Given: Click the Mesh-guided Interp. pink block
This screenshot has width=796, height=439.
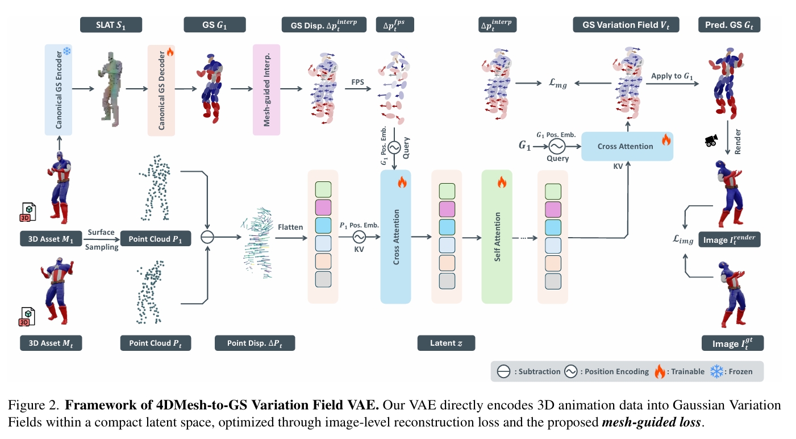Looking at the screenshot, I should tap(265, 90).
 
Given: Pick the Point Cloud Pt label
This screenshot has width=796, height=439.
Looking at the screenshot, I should tap(155, 343).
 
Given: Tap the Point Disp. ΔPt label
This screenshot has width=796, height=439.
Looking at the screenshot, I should tap(255, 343).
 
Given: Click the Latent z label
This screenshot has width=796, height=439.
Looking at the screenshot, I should tap(445, 343).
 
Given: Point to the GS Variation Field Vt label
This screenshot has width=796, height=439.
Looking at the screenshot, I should tap(625, 24).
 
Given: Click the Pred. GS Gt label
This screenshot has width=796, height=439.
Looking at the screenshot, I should tap(729, 24).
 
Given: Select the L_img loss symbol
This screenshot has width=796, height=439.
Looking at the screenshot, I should tap(683, 240).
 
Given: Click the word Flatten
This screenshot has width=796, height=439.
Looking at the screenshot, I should tap(290, 227).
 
